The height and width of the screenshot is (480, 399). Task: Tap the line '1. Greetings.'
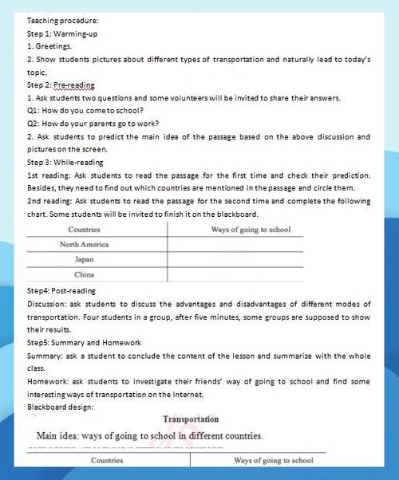pyautogui.click(x=50, y=46)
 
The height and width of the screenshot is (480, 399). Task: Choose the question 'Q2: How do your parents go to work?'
pyautogui.click(x=93, y=124)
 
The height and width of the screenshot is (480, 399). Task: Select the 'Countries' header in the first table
pyautogui.click(x=85, y=230)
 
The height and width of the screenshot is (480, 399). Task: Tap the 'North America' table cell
pyautogui.click(x=85, y=244)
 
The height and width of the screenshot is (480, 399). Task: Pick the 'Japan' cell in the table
pyautogui.click(x=85, y=259)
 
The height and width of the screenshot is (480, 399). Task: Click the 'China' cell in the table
pyautogui.click(x=85, y=274)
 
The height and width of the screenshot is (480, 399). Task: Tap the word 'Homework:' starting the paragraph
pyautogui.click(x=47, y=381)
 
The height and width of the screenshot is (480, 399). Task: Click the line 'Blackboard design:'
pyautogui.click(x=61, y=407)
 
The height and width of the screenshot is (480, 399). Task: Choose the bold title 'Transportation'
pyautogui.click(x=191, y=419)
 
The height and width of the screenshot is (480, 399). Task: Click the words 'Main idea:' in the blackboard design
pyautogui.click(x=61, y=436)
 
